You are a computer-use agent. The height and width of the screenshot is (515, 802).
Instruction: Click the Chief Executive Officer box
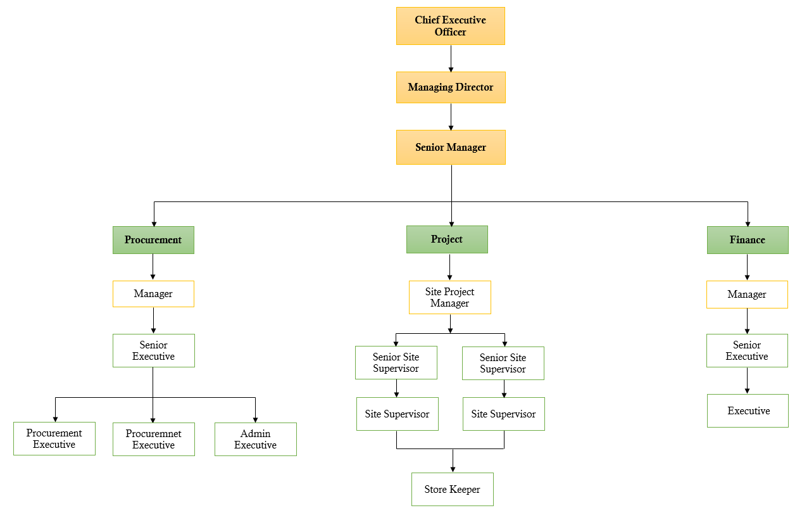(450, 26)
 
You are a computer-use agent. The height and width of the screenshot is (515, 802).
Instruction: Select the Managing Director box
(450, 87)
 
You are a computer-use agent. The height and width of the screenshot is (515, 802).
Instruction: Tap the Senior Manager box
(450, 147)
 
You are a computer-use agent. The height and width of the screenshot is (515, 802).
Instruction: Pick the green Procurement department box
(153, 240)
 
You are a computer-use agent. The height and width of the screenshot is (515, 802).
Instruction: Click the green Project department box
(447, 239)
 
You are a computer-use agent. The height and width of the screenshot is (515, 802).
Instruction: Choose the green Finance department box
(747, 240)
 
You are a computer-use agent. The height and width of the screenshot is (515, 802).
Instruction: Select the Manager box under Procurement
(153, 294)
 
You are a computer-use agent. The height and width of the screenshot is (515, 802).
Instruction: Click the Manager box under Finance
(747, 295)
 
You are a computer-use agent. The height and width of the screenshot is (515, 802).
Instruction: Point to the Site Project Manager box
(449, 297)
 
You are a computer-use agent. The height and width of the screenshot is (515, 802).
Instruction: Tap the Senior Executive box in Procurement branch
(153, 350)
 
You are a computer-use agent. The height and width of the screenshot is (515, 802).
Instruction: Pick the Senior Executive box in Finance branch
(747, 350)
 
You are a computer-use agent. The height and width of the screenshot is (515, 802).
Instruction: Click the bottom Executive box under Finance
(748, 410)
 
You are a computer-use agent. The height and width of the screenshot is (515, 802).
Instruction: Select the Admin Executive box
(255, 439)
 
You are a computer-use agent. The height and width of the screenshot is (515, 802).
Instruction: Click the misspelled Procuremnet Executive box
(153, 439)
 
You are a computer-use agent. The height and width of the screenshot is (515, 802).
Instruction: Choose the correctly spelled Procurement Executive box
(54, 438)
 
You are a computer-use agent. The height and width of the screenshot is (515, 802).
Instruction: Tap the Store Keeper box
(452, 489)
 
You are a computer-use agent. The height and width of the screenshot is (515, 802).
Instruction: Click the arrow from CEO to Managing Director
(451, 58)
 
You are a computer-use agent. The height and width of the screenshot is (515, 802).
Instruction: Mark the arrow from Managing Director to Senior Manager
(451, 117)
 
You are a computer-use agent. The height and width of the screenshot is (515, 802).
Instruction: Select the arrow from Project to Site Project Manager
(449, 267)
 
